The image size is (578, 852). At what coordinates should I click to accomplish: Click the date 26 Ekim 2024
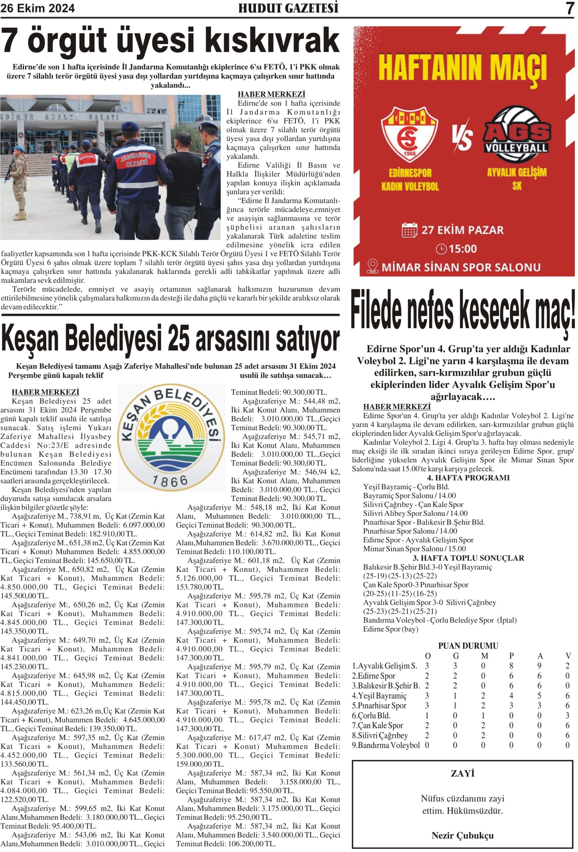(37, 8)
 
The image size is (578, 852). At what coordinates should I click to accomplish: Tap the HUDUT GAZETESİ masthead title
(288, 8)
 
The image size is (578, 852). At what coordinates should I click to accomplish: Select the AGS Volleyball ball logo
(516, 134)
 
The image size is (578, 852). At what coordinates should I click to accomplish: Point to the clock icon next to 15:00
(441, 249)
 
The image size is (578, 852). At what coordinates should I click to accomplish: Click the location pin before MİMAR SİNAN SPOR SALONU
(372, 267)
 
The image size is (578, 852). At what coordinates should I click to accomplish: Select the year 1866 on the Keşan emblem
(170, 481)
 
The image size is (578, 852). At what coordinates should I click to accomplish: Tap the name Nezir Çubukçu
(462, 835)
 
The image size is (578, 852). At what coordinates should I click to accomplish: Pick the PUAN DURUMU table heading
(468, 646)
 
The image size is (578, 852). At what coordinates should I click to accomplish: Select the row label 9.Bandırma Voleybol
(386, 745)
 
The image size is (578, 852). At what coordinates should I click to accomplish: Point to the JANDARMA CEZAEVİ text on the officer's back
(137, 160)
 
